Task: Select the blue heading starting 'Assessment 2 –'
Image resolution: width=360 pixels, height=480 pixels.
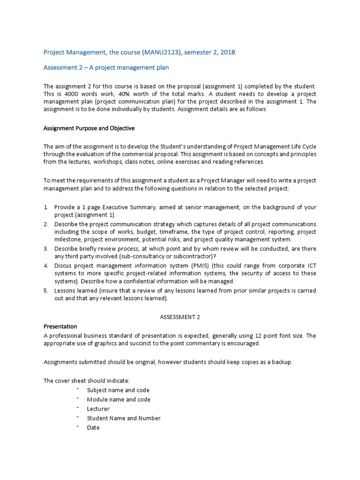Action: tap(106, 67)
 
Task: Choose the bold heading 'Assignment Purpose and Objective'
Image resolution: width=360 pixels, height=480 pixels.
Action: tap(89, 128)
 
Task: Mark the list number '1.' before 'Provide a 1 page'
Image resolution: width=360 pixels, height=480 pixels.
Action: tap(46, 207)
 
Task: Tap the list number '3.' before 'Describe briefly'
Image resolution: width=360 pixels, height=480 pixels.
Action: tap(46, 248)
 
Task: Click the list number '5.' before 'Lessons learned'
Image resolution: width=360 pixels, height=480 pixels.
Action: tap(46, 291)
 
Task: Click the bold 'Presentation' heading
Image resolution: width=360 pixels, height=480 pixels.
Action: tap(60, 326)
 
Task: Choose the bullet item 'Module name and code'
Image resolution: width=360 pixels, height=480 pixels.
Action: tap(119, 399)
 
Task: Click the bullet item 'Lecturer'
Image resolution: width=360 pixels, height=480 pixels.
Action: tap(98, 409)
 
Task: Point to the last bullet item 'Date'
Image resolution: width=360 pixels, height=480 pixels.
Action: tap(93, 427)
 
